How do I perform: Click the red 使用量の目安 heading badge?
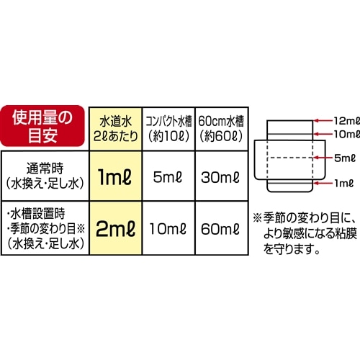(x=42, y=126)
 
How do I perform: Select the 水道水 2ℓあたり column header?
(x=116, y=129)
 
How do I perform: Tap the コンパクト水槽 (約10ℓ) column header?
(x=168, y=129)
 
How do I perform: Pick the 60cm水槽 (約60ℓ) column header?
(x=221, y=129)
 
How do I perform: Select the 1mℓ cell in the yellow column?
(x=115, y=177)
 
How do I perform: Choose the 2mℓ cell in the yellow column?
(x=115, y=228)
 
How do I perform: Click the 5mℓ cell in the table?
(x=168, y=177)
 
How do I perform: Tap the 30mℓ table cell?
(x=220, y=178)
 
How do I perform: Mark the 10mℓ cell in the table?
(x=168, y=229)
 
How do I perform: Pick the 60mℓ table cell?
(x=220, y=229)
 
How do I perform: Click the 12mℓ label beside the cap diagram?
(x=347, y=121)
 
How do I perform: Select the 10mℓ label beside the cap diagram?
(x=347, y=134)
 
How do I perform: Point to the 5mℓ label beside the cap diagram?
(x=345, y=158)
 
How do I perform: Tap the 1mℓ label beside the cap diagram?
(x=344, y=184)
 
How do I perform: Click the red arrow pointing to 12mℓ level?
(x=323, y=121)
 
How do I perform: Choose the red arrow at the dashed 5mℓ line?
(x=323, y=158)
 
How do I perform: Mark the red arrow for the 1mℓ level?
(x=323, y=184)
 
